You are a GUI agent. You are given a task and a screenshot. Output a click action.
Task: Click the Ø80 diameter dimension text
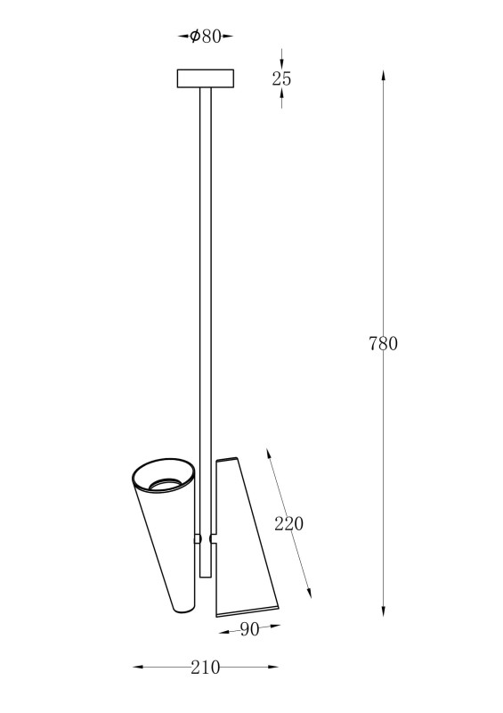206,36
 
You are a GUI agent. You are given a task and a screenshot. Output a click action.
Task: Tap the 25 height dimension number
281,79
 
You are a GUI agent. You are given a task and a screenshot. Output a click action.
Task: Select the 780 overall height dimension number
383,344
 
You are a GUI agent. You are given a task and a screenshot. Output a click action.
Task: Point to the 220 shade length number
288,524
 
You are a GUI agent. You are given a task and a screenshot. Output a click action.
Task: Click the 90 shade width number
249,629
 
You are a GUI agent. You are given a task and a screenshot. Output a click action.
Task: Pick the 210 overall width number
205,668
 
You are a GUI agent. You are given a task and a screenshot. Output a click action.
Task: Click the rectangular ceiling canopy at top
206,78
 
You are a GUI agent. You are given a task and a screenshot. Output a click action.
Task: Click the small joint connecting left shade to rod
198,539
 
